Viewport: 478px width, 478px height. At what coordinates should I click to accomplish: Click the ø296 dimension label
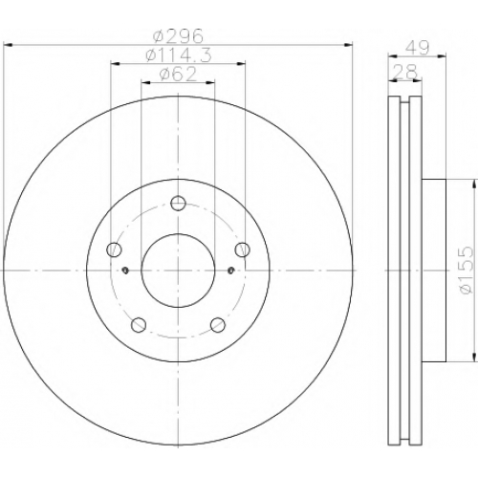tap(178, 36)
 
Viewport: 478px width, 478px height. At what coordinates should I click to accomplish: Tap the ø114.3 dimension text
tap(179, 55)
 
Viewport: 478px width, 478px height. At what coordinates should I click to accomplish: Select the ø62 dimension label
tap(178, 75)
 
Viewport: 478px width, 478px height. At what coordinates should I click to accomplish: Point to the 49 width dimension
tap(417, 48)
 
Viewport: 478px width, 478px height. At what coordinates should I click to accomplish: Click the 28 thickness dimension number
tap(404, 72)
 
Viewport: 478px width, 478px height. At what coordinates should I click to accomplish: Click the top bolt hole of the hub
tap(178, 203)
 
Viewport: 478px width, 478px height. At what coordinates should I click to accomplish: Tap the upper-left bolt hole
tap(114, 250)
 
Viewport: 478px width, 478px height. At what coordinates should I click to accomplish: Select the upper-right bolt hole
tap(242, 250)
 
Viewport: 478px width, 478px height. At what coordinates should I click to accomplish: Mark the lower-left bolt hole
tap(139, 325)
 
